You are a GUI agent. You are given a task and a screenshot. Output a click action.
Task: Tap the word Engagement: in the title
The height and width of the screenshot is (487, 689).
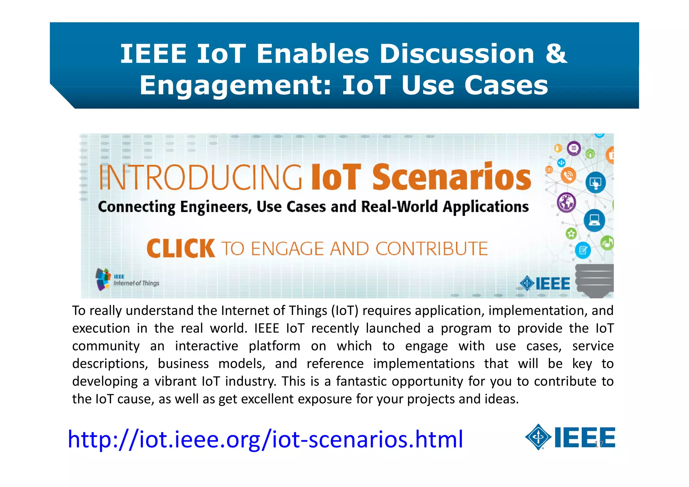point(235,85)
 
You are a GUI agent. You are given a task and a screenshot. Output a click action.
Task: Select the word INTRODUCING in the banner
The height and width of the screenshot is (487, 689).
point(201,177)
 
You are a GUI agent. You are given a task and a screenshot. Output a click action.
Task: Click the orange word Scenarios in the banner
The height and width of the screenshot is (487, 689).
point(451,177)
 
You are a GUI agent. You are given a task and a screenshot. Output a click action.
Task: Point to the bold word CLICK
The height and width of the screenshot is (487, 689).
point(181,248)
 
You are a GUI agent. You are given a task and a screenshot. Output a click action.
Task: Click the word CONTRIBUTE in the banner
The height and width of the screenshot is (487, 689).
point(431,249)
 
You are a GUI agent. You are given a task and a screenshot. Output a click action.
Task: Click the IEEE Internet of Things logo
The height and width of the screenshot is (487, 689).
point(127,279)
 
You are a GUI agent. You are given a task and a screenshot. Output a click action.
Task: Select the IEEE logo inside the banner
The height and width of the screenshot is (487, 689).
point(545,283)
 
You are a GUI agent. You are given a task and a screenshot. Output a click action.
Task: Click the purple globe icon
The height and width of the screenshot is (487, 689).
point(567,203)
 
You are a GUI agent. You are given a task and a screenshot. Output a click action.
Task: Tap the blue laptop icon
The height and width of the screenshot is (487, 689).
point(594,220)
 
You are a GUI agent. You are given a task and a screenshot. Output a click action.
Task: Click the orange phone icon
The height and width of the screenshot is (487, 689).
point(568,175)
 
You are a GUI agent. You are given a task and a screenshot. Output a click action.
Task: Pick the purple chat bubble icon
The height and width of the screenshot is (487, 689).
point(574,148)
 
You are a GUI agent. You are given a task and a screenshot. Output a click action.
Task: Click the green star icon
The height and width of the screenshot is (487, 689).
point(571,233)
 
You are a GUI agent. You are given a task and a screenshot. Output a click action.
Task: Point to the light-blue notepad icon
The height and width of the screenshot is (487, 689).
point(583,250)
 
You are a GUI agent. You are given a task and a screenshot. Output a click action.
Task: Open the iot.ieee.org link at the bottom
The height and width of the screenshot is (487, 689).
point(265,439)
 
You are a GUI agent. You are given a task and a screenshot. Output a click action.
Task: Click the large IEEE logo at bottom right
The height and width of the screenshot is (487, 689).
point(570,437)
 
